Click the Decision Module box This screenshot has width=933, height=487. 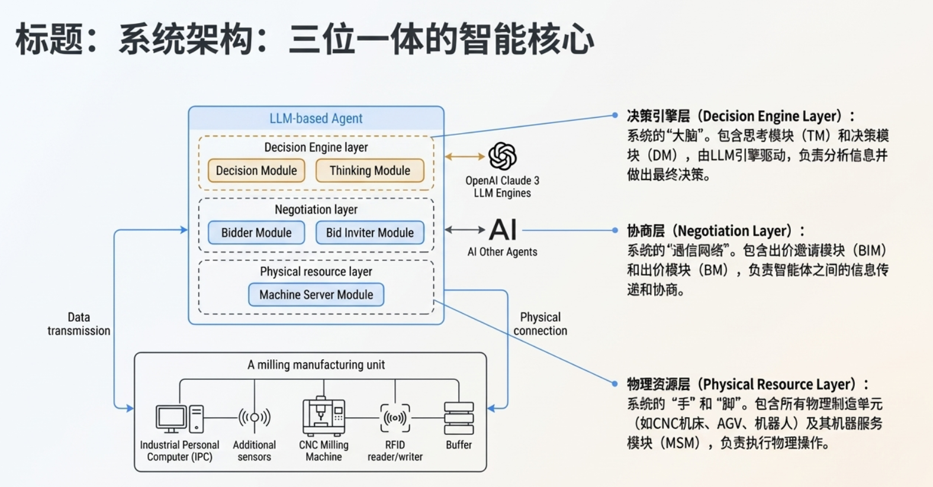(256, 170)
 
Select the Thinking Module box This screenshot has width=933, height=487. (369, 170)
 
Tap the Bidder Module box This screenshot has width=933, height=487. (256, 233)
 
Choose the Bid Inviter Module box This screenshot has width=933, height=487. (369, 233)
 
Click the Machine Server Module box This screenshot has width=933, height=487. (316, 295)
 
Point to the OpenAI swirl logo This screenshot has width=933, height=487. (503, 156)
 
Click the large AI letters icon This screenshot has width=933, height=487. (503, 230)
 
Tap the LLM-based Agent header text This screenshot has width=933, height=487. (316, 118)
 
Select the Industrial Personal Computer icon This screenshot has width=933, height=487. (179, 418)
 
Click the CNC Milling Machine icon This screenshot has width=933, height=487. (323, 417)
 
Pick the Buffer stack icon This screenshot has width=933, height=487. (459, 418)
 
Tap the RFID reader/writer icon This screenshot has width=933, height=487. (395, 418)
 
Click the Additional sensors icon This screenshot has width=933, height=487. (255, 418)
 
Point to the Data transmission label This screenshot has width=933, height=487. (79, 324)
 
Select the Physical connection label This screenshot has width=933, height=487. (540, 324)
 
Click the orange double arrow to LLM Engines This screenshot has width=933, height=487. (465, 157)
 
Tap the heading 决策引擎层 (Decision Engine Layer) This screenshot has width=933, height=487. (740, 116)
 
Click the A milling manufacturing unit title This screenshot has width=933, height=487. (316, 365)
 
